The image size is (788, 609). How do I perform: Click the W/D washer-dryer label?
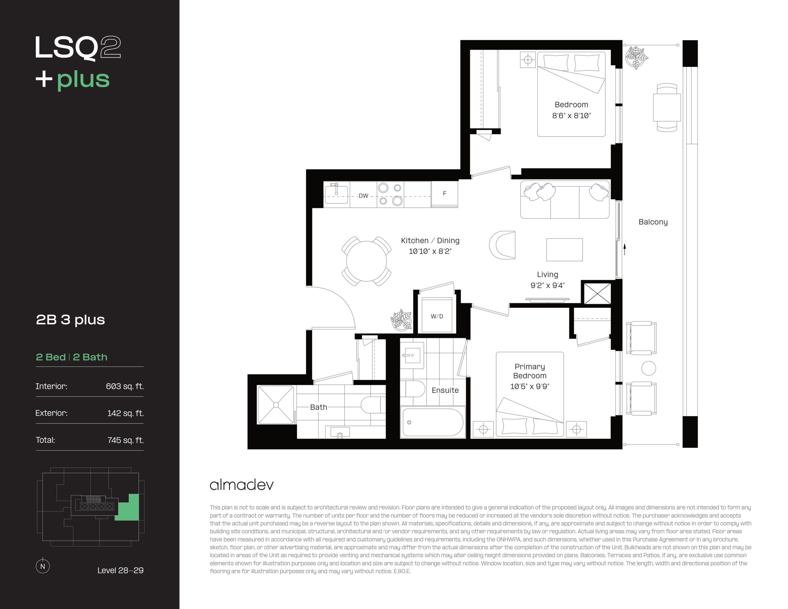[x=437, y=316]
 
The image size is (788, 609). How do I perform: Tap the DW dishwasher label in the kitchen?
[x=363, y=196]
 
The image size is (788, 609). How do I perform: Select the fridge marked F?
[x=444, y=194]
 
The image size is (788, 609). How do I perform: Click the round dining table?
[x=366, y=261]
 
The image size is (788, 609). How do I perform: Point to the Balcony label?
[x=653, y=222]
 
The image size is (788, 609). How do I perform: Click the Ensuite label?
[x=445, y=390]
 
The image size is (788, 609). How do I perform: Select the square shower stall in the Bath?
[x=276, y=405]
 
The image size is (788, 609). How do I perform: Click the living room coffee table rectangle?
[x=564, y=249]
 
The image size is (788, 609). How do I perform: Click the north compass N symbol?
[x=42, y=566]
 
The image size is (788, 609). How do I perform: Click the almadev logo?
[x=242, y=484]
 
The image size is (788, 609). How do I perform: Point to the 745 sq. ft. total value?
[x=126, y=440]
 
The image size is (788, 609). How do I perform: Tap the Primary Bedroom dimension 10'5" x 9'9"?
[x=530, y=387]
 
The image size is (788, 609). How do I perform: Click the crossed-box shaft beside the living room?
[x=597, y=293]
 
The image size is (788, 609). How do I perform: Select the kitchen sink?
[x=336, y=194]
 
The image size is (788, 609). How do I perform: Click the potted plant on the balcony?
[x=636, y=57]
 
